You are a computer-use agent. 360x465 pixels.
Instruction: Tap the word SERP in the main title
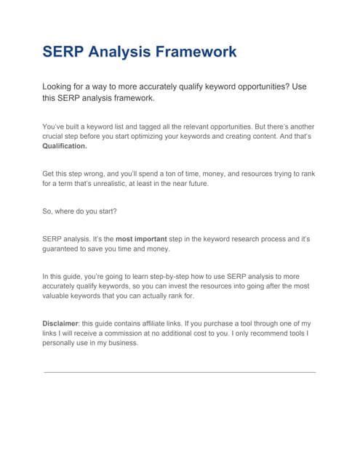coord(63,52)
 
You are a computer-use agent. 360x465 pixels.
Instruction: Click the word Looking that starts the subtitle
coord(60,86)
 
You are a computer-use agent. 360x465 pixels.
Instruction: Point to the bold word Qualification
coord(65,145)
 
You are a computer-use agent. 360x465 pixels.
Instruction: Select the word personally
coord(63,343)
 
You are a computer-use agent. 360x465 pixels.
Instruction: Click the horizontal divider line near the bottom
coord(180,372)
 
